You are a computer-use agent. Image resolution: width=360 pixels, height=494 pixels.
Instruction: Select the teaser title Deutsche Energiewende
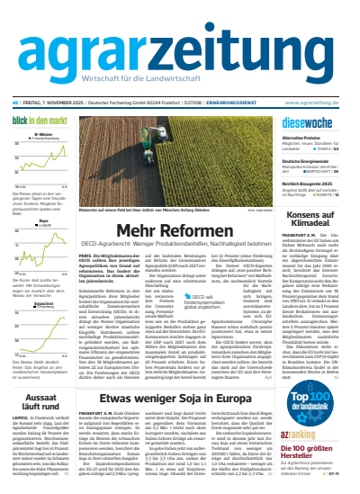click(x=302, y=158)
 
